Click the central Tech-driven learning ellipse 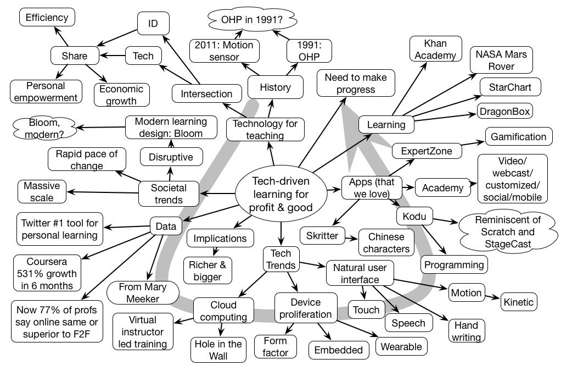click(281, 194)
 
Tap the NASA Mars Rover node click(501, 60)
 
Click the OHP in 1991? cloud click(252, 20)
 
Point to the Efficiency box click(47, 17)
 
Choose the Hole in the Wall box click(217, 350)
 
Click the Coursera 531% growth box click(46, 273)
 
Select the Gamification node click(518, 136)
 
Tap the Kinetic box click(519, 302)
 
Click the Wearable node click(401, 346)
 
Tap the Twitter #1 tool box click(60, 229)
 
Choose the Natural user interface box click(360, 273)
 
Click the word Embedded click(338, 350)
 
